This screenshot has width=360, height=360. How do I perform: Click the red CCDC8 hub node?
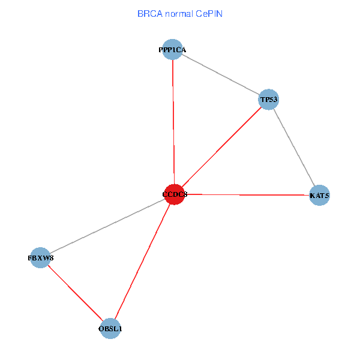coord(174,194)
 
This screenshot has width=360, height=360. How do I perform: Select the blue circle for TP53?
coord(269,98)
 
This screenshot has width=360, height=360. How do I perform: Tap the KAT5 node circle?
coord(320,196)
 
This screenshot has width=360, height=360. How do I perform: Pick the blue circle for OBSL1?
coord(110,328)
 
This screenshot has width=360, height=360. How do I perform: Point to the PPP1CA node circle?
coord(173,50)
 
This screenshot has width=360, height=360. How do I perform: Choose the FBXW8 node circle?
coord(40,257)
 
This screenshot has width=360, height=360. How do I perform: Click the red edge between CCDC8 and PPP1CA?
coord(173,120)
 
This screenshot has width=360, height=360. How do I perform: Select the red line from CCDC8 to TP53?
coord(222,146)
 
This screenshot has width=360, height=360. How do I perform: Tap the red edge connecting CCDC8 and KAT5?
coord(246,194)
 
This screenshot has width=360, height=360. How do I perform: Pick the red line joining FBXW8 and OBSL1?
coord(75,293)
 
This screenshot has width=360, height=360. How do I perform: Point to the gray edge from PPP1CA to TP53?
coord(221,74)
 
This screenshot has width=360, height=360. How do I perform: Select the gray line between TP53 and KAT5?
coord(295,147)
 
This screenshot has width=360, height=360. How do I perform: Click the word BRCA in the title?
coord(148,13)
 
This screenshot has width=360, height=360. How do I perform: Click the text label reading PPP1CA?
coord(173,50)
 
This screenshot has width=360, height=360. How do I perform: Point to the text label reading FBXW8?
coord(40,257)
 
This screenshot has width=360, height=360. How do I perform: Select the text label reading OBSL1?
coord(110,328)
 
